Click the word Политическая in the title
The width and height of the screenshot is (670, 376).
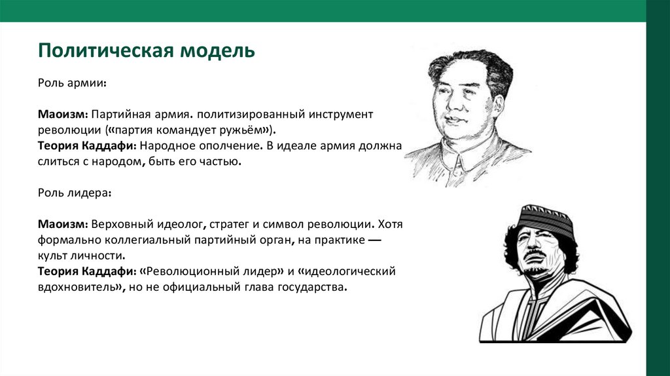tap(102, 50)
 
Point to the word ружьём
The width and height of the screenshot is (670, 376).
tap(244, 130)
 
